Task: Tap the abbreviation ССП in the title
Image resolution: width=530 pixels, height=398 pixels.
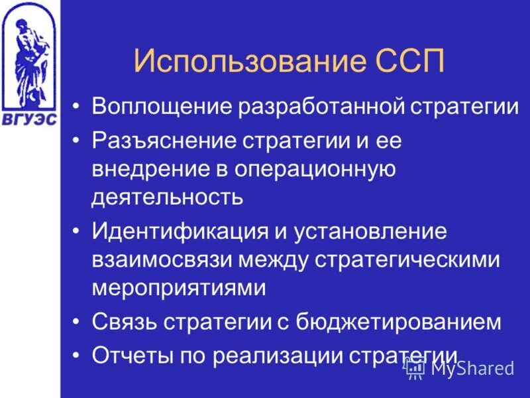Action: point(404,62)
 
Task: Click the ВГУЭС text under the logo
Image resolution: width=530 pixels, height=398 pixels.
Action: point(29,119)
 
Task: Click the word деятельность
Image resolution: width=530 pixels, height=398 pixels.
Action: point(168,197)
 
